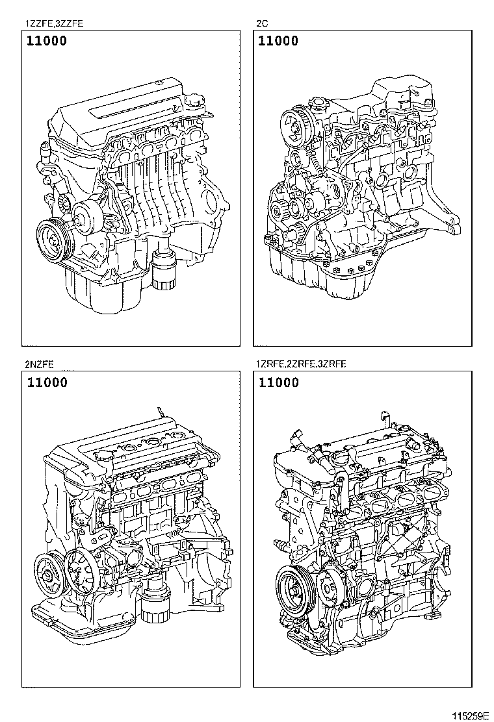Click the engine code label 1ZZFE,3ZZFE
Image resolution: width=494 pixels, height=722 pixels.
click(54, 23)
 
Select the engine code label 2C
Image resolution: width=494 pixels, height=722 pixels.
click(262, 23)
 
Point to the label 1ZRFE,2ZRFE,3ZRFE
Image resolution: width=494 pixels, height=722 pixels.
click(301, 365)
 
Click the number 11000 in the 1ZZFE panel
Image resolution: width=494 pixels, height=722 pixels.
click(47, 41)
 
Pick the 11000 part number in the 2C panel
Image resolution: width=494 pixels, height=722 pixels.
click(278, 41)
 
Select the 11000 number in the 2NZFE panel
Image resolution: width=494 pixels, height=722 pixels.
click(47, 382)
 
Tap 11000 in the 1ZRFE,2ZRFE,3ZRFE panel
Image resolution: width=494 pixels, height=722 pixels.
click(278, 382)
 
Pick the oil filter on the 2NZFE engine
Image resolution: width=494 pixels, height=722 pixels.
click(155, 601)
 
